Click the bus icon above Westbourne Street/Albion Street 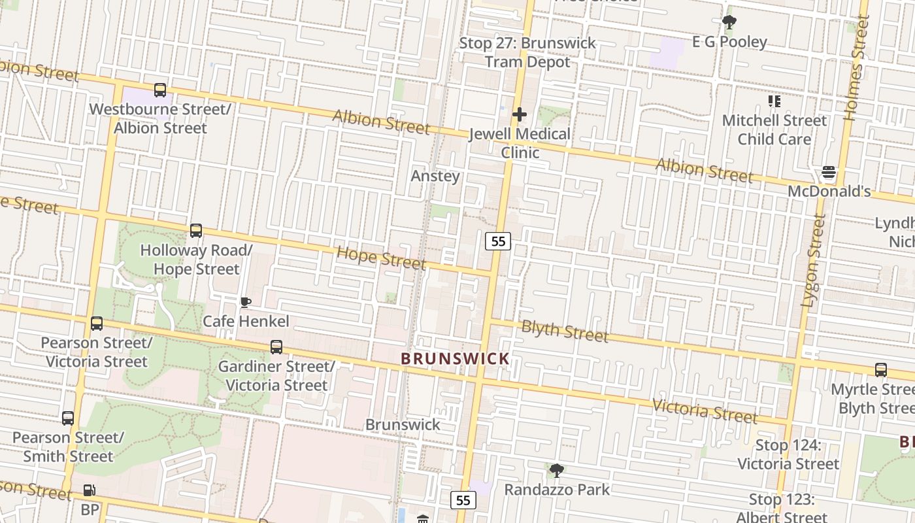160,90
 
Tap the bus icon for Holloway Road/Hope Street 196,231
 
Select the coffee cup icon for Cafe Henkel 245,302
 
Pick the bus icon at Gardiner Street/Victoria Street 276,347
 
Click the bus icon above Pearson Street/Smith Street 68,418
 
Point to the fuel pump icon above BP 89,490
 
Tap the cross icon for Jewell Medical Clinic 520,115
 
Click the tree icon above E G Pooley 729,23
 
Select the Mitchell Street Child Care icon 774,101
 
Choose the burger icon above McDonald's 829,173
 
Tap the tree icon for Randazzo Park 557,470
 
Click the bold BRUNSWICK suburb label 455,359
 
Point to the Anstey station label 435,176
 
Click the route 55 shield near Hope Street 498,241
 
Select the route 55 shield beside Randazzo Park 463,501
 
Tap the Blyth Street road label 565,331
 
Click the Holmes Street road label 857,69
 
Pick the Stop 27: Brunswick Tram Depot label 527,52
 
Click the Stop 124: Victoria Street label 788,454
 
